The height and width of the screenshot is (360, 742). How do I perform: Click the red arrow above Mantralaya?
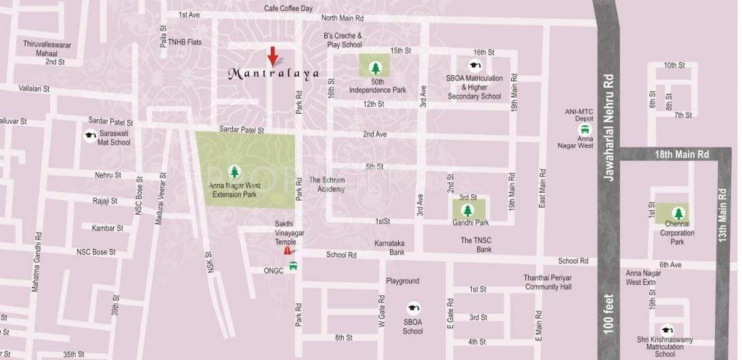pos(271,56)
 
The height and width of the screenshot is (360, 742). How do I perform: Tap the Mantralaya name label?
pos(273,73)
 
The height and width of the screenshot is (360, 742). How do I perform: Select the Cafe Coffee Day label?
pos(288,9)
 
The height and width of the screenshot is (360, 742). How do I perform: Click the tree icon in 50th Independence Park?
pos(376,67)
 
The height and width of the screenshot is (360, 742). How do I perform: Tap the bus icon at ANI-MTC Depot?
pos(584,129)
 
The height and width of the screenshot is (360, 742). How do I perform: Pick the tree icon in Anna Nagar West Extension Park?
pos(235,171)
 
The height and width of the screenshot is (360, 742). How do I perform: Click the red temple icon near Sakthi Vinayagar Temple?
pos(288,250)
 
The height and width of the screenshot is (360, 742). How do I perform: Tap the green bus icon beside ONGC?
pos(292,266)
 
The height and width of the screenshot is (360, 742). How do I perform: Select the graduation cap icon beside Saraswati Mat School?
pos(89,135)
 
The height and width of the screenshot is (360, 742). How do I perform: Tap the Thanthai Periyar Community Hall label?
pos(548,282)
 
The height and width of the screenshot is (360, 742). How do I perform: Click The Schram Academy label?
pos(327,185)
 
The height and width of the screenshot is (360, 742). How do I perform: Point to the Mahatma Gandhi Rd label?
pos(37,262)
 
